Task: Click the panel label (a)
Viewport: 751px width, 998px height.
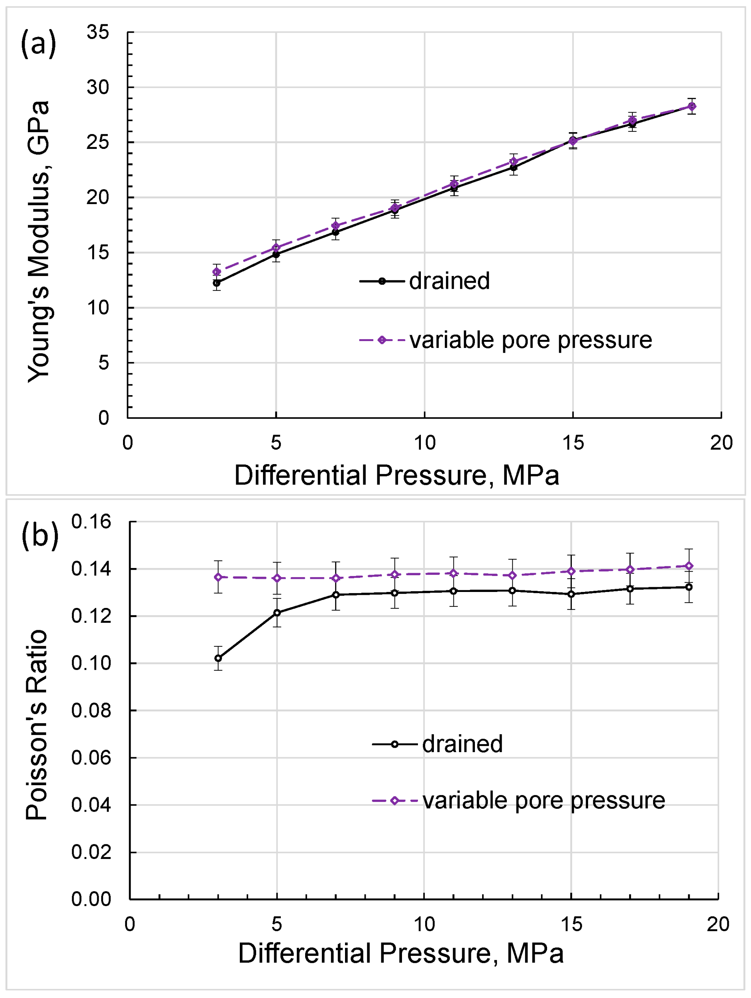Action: (x=38, y=44)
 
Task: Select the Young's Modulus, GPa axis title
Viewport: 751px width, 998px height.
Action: (x=38, y=242)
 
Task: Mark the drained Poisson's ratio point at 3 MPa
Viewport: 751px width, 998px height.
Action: (x=218, y=658)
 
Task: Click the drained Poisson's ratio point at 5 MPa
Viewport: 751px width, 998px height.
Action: (x=277, y=613)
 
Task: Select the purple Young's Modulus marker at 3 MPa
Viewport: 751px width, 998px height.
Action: (x=217, y=272)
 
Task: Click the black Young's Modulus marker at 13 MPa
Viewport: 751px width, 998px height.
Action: (x=513, y=167)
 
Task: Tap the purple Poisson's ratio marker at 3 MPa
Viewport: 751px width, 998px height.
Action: (x=218, y=577)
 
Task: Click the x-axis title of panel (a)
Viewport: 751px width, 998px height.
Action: (x=396, y=475)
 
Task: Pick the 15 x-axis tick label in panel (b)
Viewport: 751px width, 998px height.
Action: (x=571, y=925)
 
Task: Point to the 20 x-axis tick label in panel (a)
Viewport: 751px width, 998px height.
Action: (x=721, y=443)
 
